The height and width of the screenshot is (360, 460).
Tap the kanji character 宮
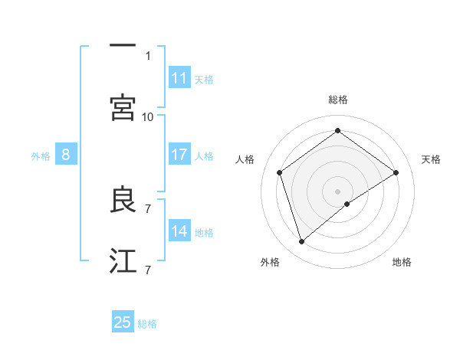click(123, 108)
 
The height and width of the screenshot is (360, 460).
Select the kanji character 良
click(123, 200)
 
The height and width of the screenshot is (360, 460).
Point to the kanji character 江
click(123, 261)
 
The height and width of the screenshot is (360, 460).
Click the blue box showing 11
click(179, 77)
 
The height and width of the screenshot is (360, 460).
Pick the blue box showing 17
click(179, 155)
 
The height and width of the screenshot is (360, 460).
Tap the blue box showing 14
click(179, 231)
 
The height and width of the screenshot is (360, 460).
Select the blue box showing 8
click(66, 155)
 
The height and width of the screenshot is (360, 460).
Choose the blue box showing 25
click(123, 322)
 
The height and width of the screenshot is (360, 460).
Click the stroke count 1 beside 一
click(148, 55)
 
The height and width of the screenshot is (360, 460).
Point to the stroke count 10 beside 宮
click(147, 116)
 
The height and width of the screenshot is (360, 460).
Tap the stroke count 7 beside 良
click(148, 208)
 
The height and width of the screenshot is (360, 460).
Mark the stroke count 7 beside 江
click(148, 270)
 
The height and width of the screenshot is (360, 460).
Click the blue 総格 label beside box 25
click(147, 324)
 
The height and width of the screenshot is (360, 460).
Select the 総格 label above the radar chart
click(337, 100)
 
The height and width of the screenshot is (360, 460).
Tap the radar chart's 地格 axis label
click(402, 262)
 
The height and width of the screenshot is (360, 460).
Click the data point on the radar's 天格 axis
click(396, 172)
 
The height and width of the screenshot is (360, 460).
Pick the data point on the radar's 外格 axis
click(301, 242)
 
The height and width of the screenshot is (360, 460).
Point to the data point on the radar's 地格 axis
click(347, 204)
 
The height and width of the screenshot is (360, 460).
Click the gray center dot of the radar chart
click(337, 190)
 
